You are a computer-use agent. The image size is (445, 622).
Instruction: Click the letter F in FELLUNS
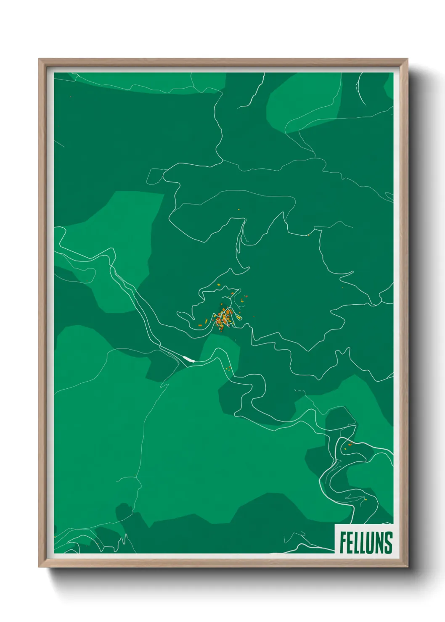pyautogui.click(x=343, y=543)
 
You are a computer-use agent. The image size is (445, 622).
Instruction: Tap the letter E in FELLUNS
pyautogui.click(x=350, y=543)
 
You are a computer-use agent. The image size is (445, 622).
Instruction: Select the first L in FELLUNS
pyautogui.click(x=357, y=543)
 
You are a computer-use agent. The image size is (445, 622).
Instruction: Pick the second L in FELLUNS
pyautogui.click(x=363, y=543)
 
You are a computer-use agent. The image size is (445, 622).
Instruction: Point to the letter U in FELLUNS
pyautogui.click(x=371, y=543)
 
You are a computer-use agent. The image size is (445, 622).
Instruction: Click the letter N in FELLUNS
pyautogui.click(x=379, y=543)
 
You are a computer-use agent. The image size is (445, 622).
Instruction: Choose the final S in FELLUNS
pyautogui.click(x=388, y=543)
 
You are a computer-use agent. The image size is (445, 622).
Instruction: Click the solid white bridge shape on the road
pyautogui.click(x=189, y=359)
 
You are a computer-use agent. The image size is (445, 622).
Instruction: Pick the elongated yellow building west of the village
pyautogui.click(x=206, y=322)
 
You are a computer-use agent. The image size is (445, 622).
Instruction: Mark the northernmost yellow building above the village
pyautogui.click(x=219, y=285)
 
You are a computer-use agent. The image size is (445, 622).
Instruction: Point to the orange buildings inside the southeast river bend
pyautogui.click(x=349, y=444)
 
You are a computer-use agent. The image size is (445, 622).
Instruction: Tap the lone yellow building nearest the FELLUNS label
pyautogui.click(x=366, y=500)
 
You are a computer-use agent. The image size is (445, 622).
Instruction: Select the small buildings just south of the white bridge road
pyautogui.click(x=228, y=369)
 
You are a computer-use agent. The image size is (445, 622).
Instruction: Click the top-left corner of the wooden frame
pyautogui.click(x=39, y=59)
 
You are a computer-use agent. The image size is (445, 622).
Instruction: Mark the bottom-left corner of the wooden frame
pyautogui.click(x=39, y=567)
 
